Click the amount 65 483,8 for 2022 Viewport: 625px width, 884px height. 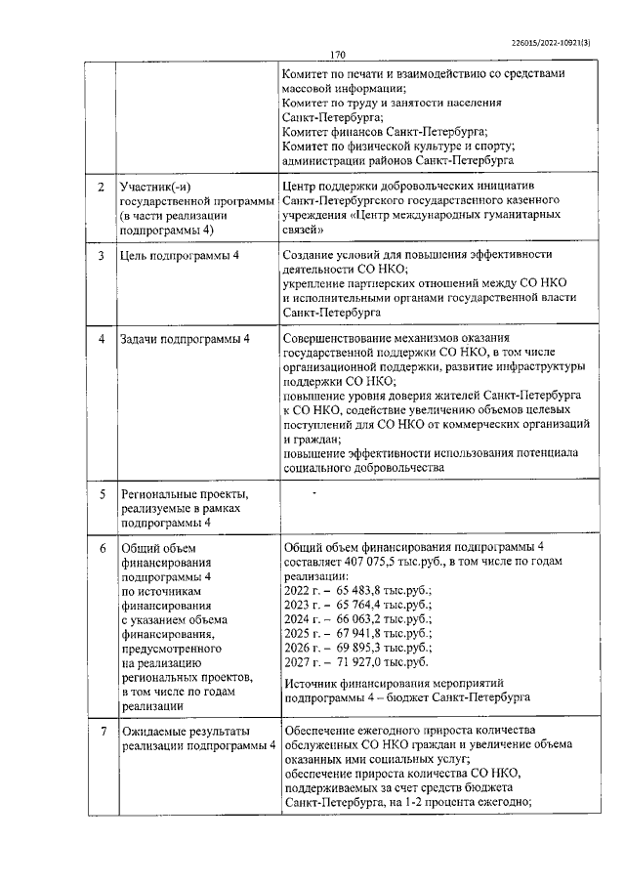[x=362, y=590]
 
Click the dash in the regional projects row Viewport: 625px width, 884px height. [x=313, y=494]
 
